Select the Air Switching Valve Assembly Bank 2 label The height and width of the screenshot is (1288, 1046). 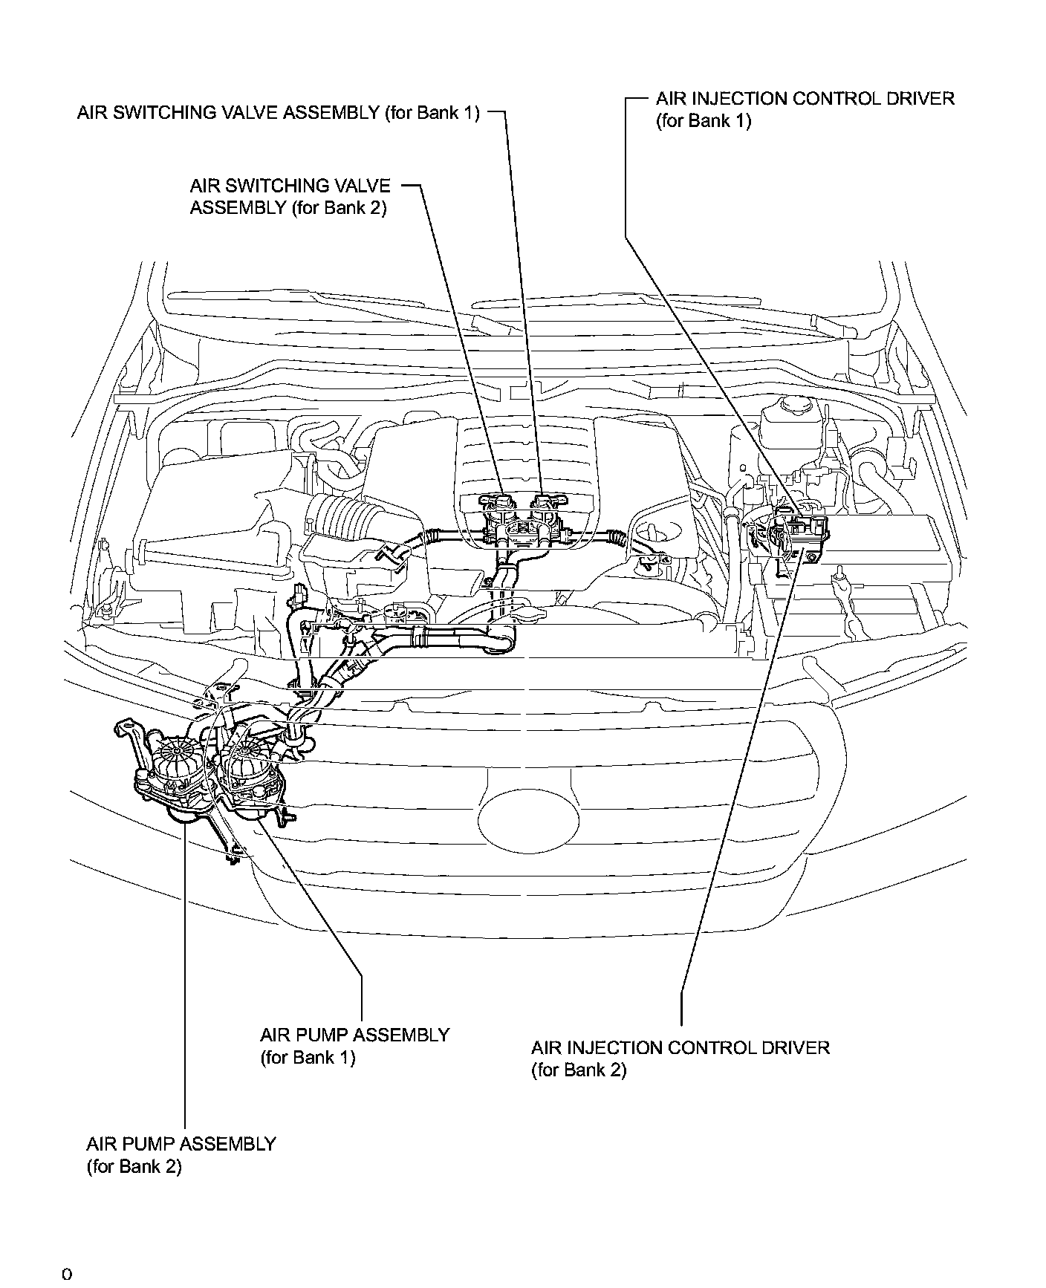coord(290,196)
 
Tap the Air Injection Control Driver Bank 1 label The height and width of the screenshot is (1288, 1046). coord(805,109)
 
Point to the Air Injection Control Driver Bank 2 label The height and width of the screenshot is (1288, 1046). coord(680,1058)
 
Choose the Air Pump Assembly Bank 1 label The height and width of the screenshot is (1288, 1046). coord(354,1045)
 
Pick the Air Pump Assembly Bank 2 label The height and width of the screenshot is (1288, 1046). coord(181,1154)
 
